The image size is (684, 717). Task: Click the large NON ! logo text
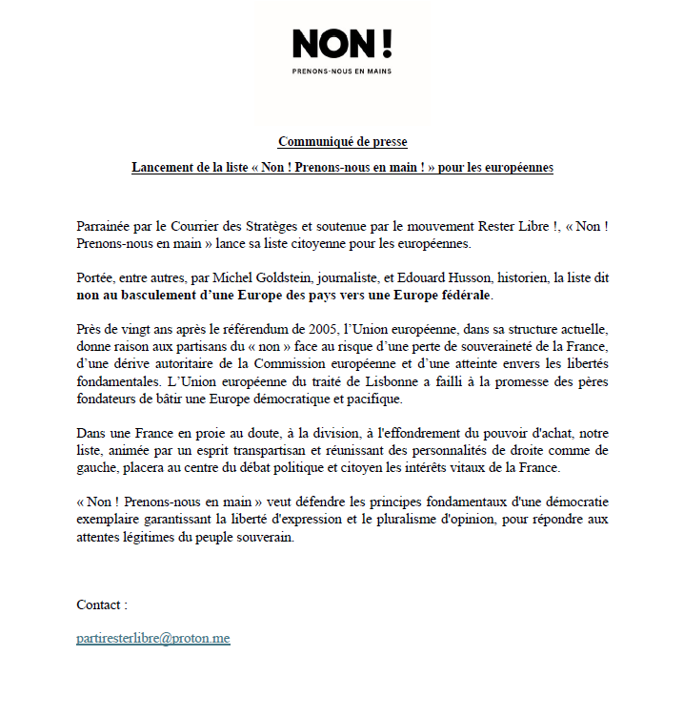[x=341, y=43]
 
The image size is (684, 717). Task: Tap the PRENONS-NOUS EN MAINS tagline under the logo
[x=341, y=71]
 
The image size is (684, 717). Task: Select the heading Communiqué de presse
[x=342, y=142]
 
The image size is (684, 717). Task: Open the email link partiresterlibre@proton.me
[x=153, y=638]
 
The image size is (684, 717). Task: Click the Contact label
[x=101, y=604]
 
